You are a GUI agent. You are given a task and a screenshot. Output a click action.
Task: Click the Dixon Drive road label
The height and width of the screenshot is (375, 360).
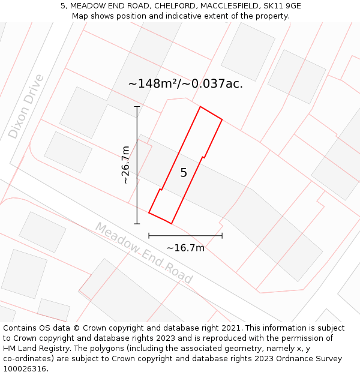[26, 106]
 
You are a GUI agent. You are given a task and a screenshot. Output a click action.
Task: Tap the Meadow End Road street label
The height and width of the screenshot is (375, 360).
[144, 253]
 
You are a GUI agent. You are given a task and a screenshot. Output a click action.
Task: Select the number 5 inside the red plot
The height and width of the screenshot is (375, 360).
[184, 173]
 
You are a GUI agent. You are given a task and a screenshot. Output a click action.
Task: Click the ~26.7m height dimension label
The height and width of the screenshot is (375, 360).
[125, 164]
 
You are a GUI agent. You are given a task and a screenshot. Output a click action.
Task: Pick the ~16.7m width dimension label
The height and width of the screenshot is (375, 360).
[185, 248]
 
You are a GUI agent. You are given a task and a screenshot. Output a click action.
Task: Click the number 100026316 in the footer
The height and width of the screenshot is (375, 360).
[23, 369]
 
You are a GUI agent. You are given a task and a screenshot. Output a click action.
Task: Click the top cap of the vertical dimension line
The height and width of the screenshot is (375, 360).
[137, 107]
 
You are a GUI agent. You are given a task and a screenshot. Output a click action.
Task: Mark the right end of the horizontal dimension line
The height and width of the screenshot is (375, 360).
[222, 236]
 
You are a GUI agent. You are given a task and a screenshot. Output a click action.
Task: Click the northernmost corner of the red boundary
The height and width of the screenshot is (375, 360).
[200, 107]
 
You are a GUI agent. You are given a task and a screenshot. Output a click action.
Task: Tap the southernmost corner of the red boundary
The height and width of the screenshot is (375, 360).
[172, 224]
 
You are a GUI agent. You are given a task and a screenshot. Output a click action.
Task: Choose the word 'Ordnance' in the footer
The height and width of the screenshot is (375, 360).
[293, 359]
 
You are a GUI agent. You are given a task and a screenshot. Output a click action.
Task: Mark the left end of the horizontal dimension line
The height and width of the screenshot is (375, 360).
[149, 236]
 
